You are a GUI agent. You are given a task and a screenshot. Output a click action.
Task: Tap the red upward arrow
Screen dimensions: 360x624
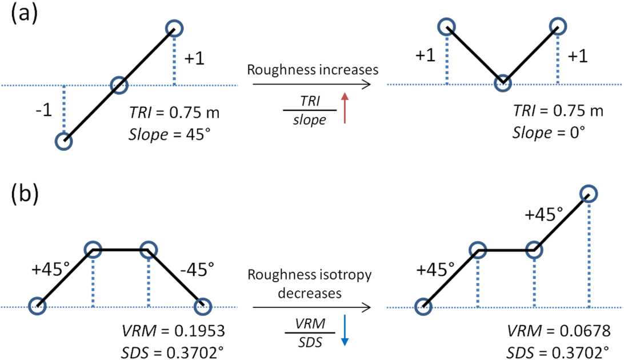(x=343, y=109)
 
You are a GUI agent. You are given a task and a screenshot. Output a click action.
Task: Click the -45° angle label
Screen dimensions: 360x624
(x=198, y=266)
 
